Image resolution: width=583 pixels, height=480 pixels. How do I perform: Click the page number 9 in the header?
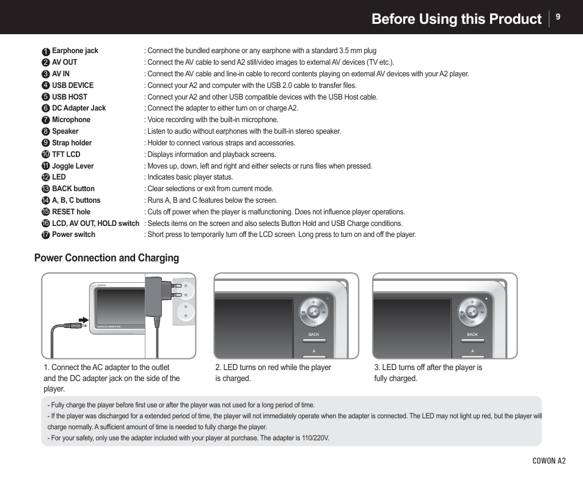point(557,18)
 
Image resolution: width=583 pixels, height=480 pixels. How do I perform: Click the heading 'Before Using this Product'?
point(456,19)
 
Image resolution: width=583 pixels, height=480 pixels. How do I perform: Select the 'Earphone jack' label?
point(75,51)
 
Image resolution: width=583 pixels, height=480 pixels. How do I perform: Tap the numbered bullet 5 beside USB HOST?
point(46,97)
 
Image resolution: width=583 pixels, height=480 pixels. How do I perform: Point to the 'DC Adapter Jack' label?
point(78,108)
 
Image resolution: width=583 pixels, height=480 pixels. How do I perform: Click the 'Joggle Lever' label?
point(73,165)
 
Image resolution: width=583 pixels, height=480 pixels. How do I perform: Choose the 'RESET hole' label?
point(71,212)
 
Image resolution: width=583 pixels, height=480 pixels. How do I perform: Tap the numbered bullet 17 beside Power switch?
point(46,235)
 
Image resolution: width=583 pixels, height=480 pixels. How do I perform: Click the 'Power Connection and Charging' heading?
point(106,258)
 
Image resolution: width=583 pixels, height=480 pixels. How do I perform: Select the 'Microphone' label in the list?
point(71,120)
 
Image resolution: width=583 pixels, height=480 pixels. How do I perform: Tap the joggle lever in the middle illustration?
point(313,312)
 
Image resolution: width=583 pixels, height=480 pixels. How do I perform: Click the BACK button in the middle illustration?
point(313,335)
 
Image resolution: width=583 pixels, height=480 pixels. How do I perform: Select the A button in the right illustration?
point(472,352)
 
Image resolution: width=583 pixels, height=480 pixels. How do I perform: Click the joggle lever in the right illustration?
point(472,312)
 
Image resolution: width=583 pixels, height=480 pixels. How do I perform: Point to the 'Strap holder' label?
point(71,143)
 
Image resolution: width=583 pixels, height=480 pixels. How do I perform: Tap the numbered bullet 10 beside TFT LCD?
point(46,155)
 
